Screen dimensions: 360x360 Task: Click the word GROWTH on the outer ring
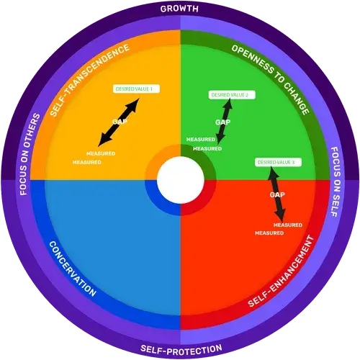click(179, 9)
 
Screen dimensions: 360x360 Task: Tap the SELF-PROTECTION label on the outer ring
click(181, 350)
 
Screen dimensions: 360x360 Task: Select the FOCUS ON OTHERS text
click(30, 154)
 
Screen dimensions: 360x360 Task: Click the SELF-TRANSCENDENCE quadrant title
click(89, 80)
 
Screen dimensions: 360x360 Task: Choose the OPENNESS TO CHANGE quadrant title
click(271, 80)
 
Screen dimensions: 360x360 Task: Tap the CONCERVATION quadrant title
click(73, 269)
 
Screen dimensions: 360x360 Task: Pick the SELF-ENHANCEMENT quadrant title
click(281, 271)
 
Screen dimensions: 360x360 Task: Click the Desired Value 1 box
click(136, 89)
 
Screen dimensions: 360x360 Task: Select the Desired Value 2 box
click(232, 95)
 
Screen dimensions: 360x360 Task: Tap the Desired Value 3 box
click(278, 163)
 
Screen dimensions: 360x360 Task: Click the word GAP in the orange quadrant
click(120, 122)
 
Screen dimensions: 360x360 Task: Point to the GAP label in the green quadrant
click(222, 122)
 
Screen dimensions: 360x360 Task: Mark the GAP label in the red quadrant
click(277, 194)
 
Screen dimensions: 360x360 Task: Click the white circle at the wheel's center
click(181, 180)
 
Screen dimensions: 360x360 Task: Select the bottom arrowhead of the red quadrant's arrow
click(281, 216)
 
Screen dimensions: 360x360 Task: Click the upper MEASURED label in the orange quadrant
click(101, 153)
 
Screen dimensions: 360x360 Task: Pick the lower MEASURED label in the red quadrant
click(269, 233)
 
